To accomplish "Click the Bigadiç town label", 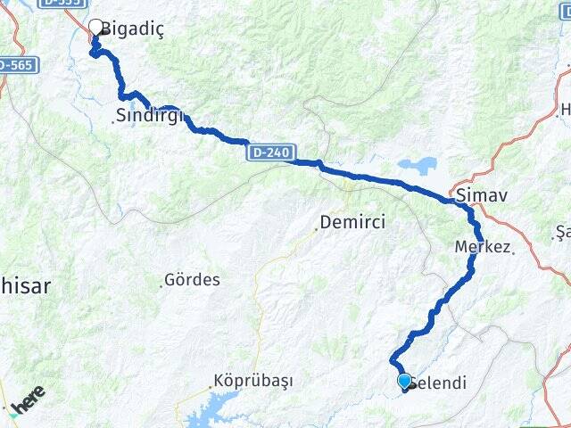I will tap(133, 29).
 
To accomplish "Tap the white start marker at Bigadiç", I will tap(96, 27).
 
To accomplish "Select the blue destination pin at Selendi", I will tap(405, 382).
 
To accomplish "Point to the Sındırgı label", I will tap(150, 114).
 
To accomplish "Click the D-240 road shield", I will tap(269, 153).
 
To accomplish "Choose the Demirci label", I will tap(353, 223).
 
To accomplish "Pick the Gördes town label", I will tap(193, 280).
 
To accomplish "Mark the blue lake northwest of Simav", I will tap(417, 166).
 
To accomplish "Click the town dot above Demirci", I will tap(315, 229).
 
